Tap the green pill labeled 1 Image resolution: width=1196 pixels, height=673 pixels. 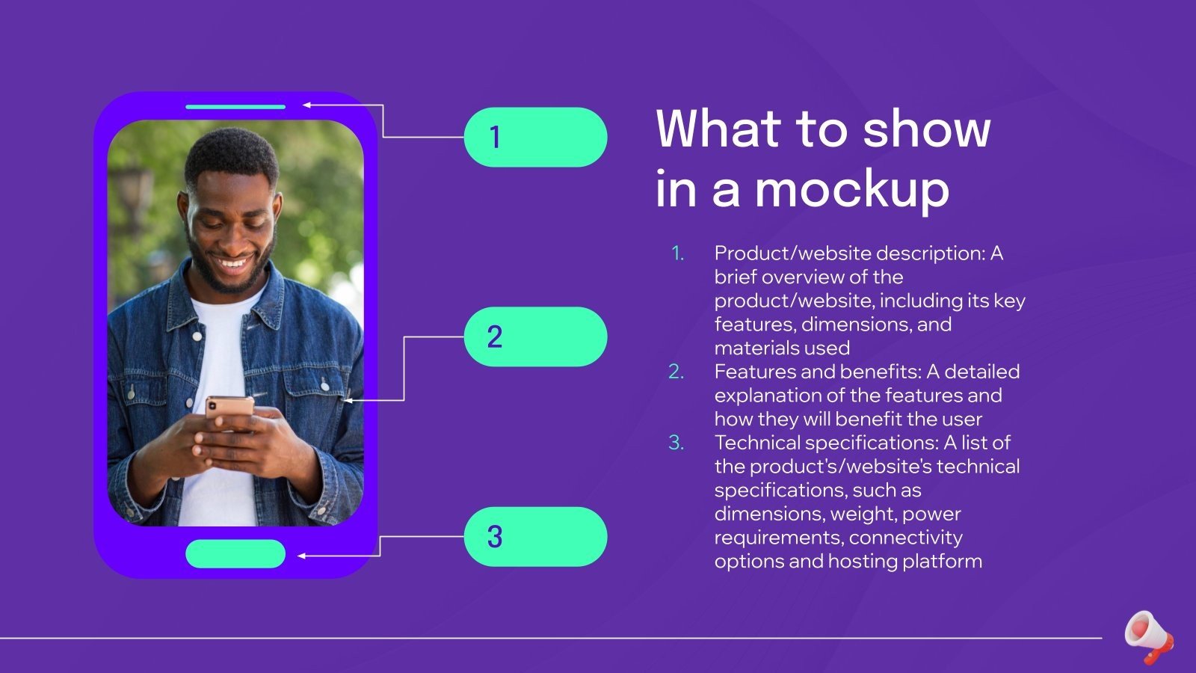[x=535, y=137]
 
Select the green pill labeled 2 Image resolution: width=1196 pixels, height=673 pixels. [x=535, y=336]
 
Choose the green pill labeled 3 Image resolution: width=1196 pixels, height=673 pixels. [x=535, y=536]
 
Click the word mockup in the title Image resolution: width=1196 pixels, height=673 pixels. [x=852, y=190]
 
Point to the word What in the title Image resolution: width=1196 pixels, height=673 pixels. [x=718, y=129]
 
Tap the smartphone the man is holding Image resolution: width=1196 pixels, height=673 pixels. [x=229, y=410]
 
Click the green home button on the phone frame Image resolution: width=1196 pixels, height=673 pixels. [x=235, y=554]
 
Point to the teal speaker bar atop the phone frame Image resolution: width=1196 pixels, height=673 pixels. [x=235, y=107]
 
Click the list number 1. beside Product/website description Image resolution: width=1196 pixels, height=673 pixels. [x=677, y=253]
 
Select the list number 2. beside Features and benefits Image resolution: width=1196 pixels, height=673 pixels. [x=676, y=372]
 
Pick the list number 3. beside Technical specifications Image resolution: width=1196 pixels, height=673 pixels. [x=676, y=443]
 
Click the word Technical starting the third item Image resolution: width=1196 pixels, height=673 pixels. [x=751, y=443]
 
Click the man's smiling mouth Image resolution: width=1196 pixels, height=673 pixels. [x=232, y=263]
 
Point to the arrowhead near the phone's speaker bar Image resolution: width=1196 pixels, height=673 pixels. [x=306, y=105]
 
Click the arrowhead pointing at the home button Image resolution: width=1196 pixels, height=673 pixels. [x=302, y=556]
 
